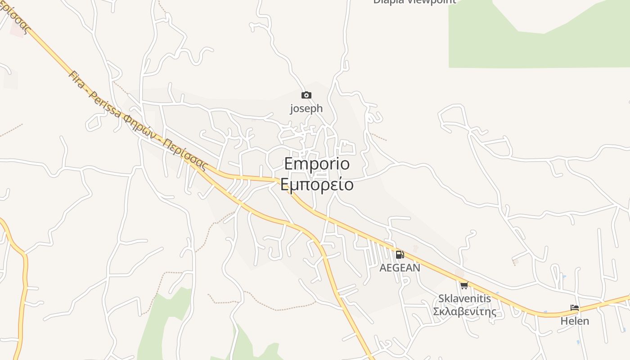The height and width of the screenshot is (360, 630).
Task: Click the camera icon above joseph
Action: click(306, 95)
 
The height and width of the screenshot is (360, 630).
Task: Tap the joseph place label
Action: click(306, 108)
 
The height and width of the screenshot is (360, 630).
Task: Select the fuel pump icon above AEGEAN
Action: click(400, 255)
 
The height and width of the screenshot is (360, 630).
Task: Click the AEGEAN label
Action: click(400, 268)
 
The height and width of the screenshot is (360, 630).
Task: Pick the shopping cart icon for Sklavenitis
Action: click(464, 285)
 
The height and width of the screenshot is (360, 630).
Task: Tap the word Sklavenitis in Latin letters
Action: click(464, 298)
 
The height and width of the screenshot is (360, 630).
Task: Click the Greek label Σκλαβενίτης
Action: click(464, 311)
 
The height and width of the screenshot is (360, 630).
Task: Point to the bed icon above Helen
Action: click(575, 308)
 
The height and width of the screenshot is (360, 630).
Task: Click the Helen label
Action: click(575, 321)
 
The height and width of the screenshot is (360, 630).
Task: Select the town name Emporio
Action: click(317, 164)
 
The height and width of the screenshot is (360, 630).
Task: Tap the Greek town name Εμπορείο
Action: click(317, 184)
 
